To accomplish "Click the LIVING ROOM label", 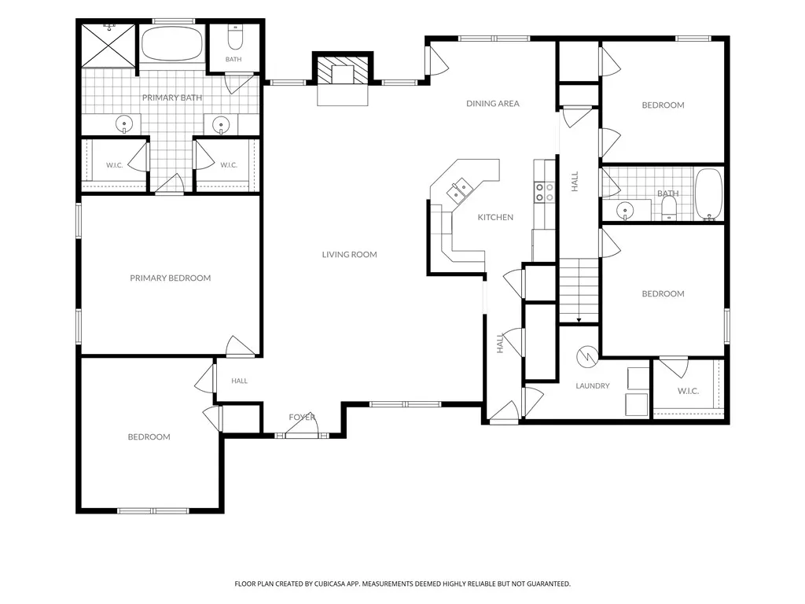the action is coord(349,254).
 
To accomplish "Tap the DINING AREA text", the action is coord(492,103).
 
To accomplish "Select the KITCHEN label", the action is coord(495,217).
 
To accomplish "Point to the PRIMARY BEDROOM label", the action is coord(170,278).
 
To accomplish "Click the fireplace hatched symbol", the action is coord(343,70).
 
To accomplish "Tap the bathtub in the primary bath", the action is coord(171,43).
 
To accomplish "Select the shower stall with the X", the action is coord(108,45).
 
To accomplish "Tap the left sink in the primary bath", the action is coord(124,124).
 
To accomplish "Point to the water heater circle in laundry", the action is coord(586,356).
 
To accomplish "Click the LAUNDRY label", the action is coord(593,385).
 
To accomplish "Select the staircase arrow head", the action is coord(579,321).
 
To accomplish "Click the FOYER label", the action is coord(302,417).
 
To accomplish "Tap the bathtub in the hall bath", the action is coord(708,194).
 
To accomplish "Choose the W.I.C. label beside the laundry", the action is coord(688,392).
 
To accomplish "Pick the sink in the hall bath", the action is coord(624,210).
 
